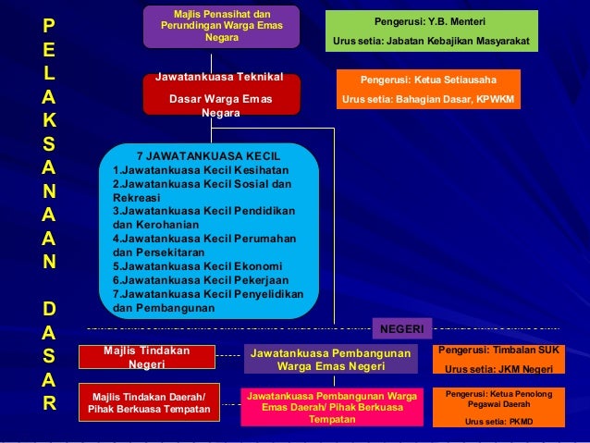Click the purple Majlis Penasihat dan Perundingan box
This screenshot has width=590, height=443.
(222, 27)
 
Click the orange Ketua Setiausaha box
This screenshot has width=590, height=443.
(427, 90)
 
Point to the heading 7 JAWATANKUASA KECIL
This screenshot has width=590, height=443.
(208, 155)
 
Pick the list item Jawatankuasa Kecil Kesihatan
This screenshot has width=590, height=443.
(200, 170)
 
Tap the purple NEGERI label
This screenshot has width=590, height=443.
(401, 328)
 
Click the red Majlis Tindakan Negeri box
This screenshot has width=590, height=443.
(147, 358)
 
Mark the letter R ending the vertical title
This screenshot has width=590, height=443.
(48, 403)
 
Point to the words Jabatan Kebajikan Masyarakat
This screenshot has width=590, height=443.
(461, 42)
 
